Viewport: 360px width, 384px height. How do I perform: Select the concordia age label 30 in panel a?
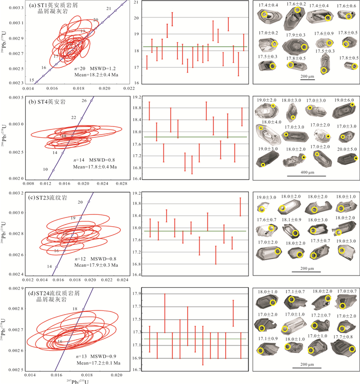pyautogui.click(x=96, y=20)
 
